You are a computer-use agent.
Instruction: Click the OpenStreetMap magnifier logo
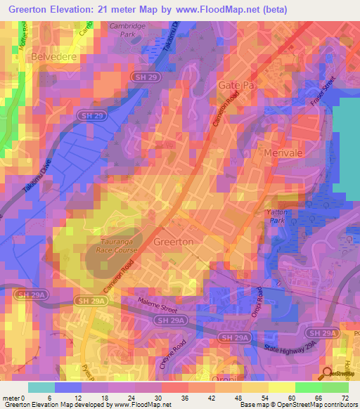[x=328, y=374]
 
